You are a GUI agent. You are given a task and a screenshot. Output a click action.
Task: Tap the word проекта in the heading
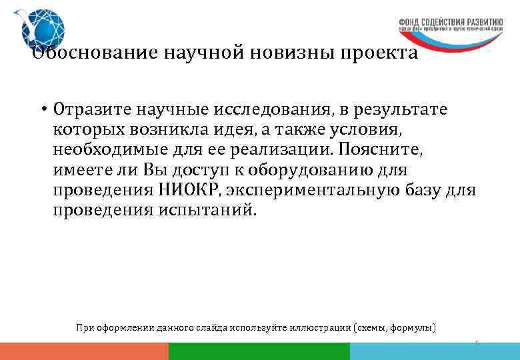(x=379, y=53)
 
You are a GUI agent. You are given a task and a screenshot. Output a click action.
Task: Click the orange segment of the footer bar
(x=84, y=351)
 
